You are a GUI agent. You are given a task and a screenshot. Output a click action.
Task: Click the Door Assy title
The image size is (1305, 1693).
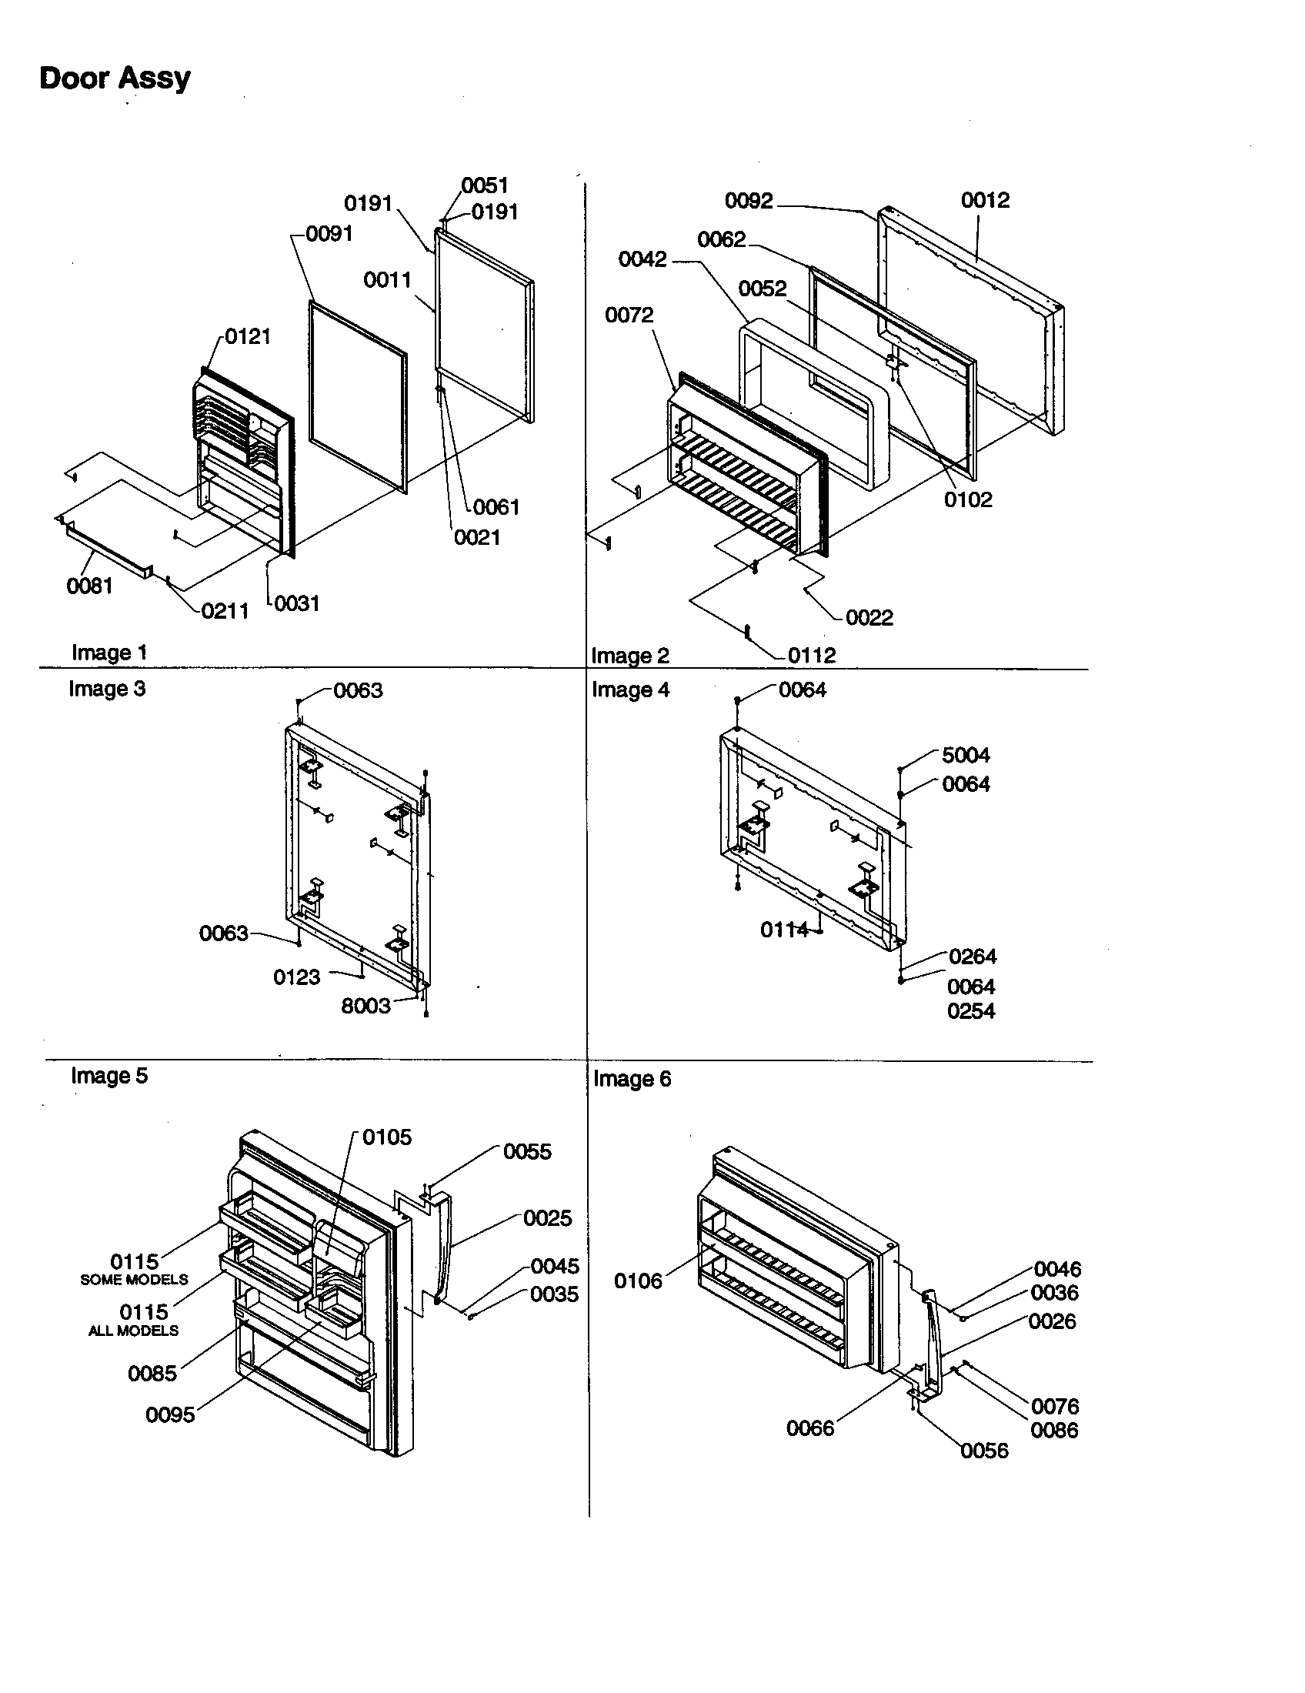click(x=115, y=78)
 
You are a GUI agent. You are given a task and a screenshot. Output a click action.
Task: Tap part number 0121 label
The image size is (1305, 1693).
click(x=247, y=336)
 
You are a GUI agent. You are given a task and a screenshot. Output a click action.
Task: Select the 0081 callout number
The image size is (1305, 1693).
click(x=89, y=586)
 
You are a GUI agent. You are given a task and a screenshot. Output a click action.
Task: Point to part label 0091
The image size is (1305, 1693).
click(x=329, y=233)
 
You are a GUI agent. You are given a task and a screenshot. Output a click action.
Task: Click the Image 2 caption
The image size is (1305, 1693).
click(x=629, y=656)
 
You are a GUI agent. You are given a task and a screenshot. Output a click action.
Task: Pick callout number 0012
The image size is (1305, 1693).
click(x=985, y=200)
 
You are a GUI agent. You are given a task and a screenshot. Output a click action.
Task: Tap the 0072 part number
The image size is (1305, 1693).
click(x=629, y=315)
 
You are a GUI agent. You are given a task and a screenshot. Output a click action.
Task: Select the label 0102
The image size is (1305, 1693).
click(x=967, y=499)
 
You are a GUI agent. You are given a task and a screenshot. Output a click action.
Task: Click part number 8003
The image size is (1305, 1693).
click(x=365, y=1007)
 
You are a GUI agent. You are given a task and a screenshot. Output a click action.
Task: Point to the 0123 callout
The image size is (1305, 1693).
click(x=296, y=977)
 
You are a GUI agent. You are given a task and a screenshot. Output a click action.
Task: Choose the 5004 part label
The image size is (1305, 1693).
click(x=966, y=755)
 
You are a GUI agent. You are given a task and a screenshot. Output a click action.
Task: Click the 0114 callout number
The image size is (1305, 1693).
click(x=784, y=930)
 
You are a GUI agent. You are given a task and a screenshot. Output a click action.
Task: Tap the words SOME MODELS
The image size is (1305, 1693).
click(x=134, y=1280)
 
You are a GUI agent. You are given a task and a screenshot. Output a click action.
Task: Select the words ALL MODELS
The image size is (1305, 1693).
click(x=133, y=1331)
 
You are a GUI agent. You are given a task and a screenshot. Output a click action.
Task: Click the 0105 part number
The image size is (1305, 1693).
click(x=387, y=1137)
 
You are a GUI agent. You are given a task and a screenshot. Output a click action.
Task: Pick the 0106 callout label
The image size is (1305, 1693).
click(x=638, y=1281)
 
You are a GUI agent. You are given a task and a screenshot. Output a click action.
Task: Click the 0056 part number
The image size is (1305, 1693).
click(x=984, y=1451)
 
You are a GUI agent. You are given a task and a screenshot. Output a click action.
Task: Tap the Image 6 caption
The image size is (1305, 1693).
click(x=632, y=1079)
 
